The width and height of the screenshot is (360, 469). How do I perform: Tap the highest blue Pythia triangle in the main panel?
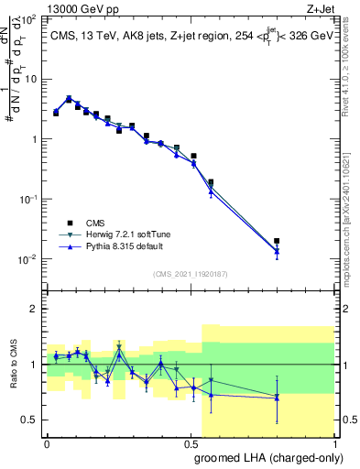(69, 98)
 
